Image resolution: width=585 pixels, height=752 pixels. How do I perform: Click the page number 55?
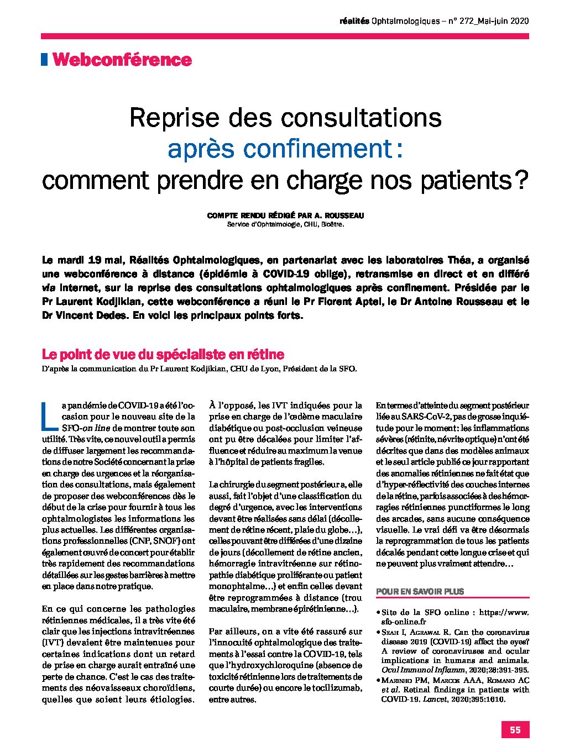click(x=515, y=729)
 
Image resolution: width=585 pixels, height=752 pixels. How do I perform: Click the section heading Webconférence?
click(x=122, y=60)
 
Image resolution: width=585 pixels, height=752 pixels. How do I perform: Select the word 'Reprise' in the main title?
click(x=167, y=117)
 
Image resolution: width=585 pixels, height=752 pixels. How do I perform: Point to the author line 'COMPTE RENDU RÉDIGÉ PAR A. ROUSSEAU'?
click(x=285, y=216)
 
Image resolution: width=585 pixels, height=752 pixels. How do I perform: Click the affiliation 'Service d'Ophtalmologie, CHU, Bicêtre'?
click(x=285, y=225)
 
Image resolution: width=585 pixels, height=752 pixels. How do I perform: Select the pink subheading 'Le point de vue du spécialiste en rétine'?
click(x=163, y=354)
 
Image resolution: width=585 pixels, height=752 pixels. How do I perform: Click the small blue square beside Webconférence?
click(x=44, y=59)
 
